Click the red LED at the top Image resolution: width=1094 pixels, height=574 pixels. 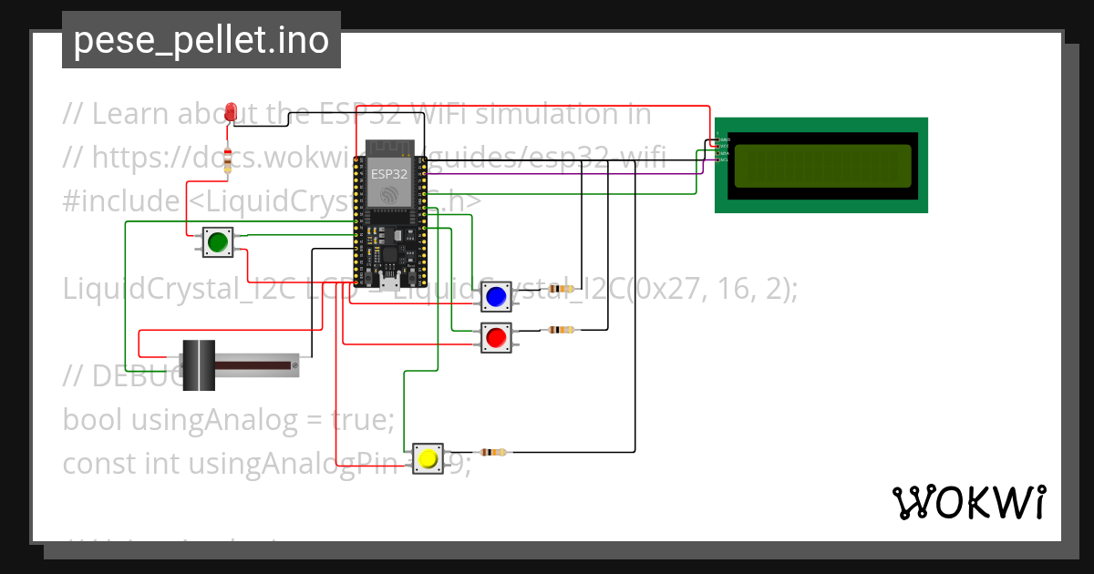point(231,111)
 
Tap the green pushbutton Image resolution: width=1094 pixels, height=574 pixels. point(217,242)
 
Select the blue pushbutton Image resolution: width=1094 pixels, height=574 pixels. point(496,296)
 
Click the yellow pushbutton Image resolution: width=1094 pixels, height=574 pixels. point(428,458)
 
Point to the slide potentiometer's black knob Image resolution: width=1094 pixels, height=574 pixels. point(198,365)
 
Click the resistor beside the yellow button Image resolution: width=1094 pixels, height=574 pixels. point(492,452)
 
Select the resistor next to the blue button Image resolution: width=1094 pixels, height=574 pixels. point(562,288)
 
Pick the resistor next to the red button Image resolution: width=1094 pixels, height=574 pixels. point(561,330)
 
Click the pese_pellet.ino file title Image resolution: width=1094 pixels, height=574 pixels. point(201,40)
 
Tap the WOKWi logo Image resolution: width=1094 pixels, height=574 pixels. point(968,502)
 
